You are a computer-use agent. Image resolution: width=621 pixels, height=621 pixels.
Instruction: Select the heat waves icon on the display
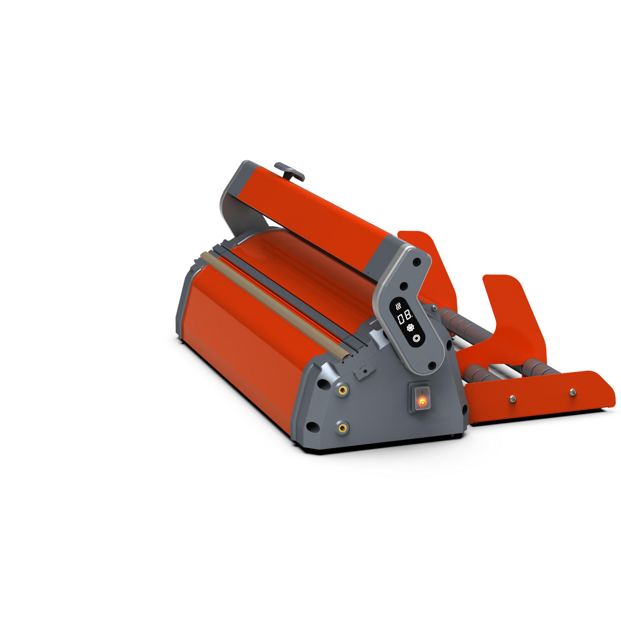pos(399,306)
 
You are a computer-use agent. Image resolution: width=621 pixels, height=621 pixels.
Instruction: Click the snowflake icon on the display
pos(411,327)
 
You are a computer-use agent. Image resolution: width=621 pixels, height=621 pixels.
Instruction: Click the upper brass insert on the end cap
pos(342,390)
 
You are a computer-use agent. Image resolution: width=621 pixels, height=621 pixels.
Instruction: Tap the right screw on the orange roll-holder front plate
pos(573,392)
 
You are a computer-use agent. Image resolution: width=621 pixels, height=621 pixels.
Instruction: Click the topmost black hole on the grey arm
pos(416,262)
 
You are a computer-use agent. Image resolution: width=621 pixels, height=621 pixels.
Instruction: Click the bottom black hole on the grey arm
pos(432,365)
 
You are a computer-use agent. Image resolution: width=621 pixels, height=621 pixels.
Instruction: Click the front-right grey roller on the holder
pos(537,367)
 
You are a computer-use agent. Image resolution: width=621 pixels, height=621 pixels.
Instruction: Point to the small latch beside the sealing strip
pos(364,369)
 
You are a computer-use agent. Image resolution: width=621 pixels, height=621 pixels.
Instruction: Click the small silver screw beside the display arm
pos(434,308)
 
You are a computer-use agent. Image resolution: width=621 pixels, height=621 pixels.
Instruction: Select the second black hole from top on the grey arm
pos(404,286)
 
